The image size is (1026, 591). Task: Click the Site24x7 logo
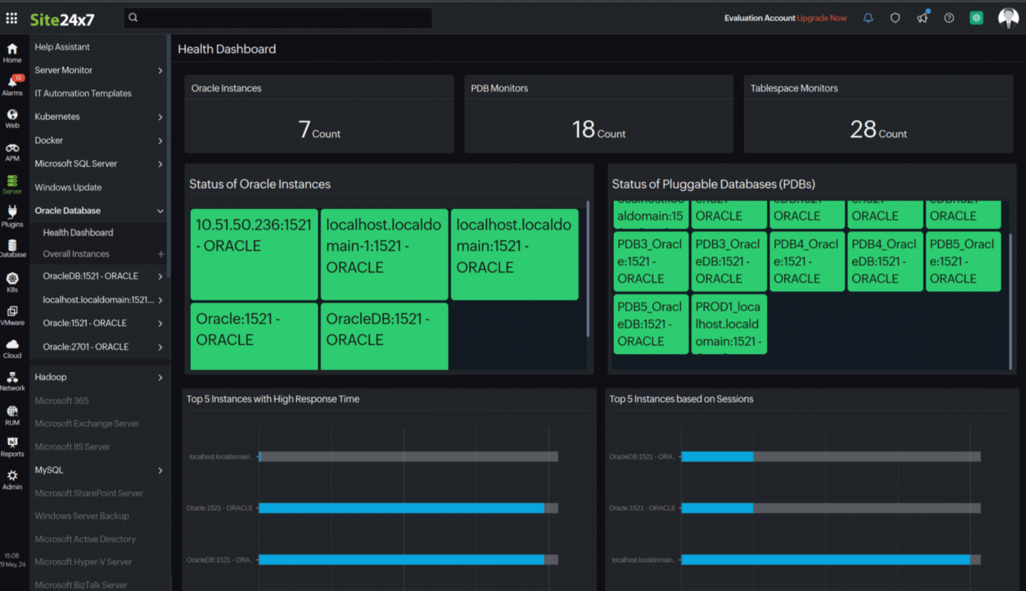tap(62, 19)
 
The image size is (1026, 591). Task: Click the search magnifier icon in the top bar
tap(133, 18)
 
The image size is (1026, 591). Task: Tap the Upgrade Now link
tap(822, 18)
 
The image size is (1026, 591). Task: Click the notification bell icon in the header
tap(868, 18)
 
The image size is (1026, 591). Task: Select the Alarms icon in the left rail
tap(13, 84)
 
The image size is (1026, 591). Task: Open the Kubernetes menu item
tap(57, 117)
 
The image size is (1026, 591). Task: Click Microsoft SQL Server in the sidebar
tap(75, 164)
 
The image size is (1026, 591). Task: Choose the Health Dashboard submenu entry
tap(78, 232)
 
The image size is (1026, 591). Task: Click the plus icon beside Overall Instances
tap(160, 254)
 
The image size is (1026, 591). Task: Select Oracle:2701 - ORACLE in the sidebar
tap(85, 347)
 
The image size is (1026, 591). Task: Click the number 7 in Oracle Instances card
tap(305, 129)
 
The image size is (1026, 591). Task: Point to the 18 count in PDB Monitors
tap(583, 129)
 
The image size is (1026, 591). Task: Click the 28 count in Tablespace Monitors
tap(863, 129)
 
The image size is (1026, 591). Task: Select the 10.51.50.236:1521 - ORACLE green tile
tap(254, 254)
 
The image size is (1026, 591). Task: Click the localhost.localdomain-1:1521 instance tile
tap(384, 254)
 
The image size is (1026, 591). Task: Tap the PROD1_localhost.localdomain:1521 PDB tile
tap(728, 324)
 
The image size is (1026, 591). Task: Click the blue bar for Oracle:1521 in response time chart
tap(401, 508)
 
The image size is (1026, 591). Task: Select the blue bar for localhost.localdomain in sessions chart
tap(825, 560)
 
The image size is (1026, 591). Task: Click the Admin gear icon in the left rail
tap(13, 477)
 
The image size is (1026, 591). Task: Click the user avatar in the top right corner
tap(1007, 18)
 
